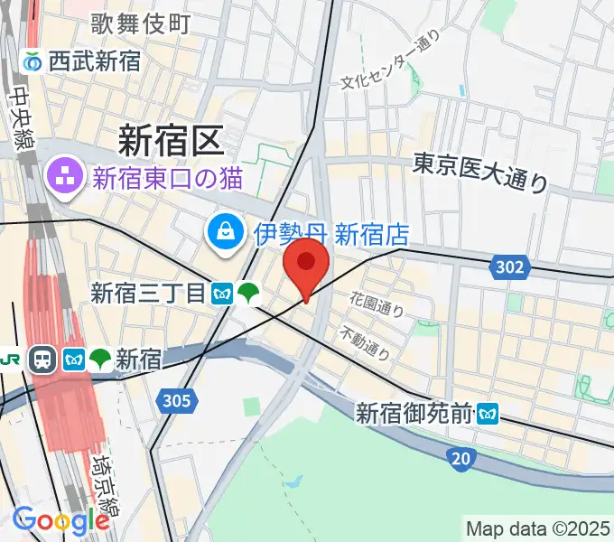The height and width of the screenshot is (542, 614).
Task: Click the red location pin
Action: (306, 264)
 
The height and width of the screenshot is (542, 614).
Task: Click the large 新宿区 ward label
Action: (169, 141)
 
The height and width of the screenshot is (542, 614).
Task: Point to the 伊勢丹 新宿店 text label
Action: (330, 236)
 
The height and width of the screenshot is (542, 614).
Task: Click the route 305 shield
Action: (179, 400)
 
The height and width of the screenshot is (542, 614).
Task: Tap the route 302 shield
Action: (509, 267)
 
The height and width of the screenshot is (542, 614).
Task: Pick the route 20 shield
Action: (460, 460)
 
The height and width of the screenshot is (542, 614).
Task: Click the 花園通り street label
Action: (377, 304)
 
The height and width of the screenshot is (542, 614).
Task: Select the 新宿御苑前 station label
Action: (414, 414)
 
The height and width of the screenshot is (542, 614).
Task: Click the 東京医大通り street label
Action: (480, 171)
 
